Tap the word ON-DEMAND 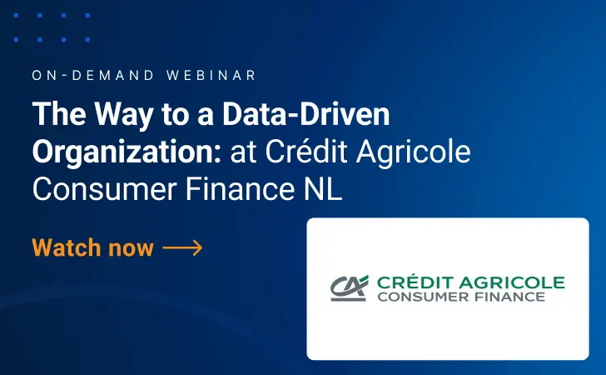93,75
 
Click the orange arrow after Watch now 183,248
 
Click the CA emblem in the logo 349,287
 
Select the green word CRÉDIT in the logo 414,282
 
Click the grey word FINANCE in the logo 509,297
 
